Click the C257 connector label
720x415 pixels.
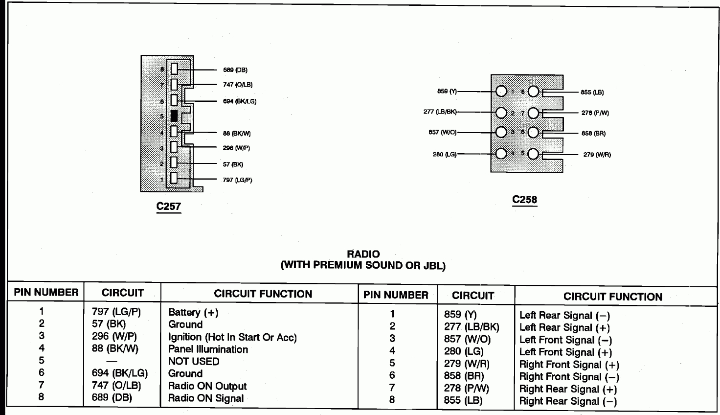pyautogui.click(x=169, y=207)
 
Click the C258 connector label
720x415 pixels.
pyautogui.click(x=524, y=200)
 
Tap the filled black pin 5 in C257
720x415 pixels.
pyautogui.click(x=174, y=116)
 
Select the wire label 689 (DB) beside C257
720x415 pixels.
pyautogui.click(x=235, y=70)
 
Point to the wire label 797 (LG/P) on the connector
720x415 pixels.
pyautogui.click(x=237, y=180)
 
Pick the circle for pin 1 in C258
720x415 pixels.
pyautogui.click(x=501, y=92)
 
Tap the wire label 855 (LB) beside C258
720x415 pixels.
pyautogui.click(x=592, y=92)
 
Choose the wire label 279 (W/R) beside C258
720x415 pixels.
pyautogui.click(x=597, y=155)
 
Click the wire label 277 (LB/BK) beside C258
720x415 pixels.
pyautogui.click(x=440, y=112)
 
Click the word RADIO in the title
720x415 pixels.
pyautogui.click(x=363, y=254)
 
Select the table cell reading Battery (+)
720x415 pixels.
pyautogui.click(x=193, y=312)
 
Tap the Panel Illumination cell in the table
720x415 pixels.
pyautogui.click(x=208, y=349)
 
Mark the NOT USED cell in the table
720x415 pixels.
pyautogui.click(x=194, y=362)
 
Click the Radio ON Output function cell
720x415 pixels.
pyautogui.click(x=207, y=386)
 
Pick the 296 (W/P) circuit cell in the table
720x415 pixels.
pyautogui.click(x=114, y=337)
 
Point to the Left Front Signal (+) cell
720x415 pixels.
pyautogui.click(x=565, y=352)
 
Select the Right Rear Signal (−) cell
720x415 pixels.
pyautogui.click(x=568, y=402)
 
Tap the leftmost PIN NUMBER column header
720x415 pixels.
pyautogui.click(x=46, y=293)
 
